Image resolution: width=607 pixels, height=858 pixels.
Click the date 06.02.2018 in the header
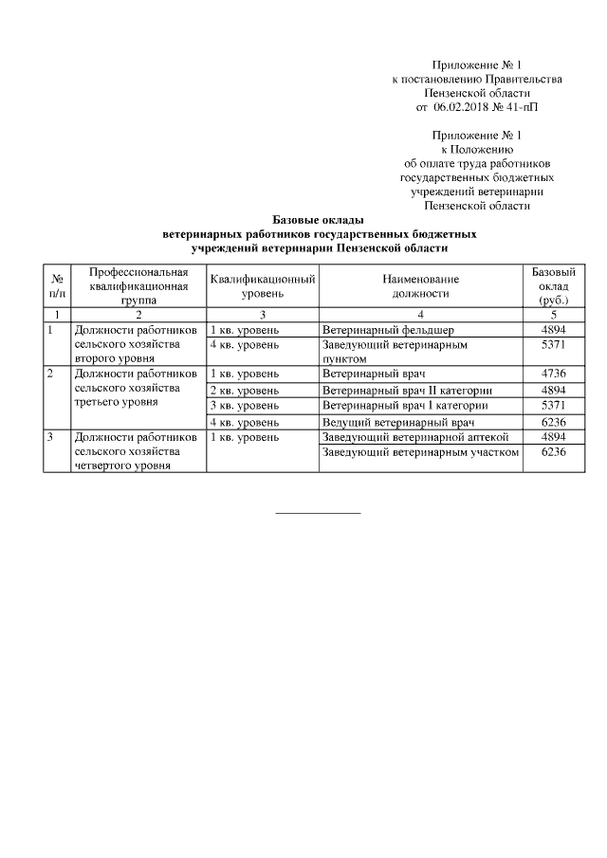point(465,108)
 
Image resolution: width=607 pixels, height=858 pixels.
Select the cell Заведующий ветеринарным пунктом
point(395,352)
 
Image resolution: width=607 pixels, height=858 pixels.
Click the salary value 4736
point(553,374)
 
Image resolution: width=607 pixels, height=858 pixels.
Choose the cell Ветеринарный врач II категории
point(408,390)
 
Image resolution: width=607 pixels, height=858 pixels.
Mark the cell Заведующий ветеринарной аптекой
point(416,437)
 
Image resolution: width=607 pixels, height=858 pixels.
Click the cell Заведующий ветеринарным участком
point(421,453)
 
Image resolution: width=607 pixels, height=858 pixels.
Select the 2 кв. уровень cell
point(244,390)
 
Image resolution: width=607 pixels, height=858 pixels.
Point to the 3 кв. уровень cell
point(244,406)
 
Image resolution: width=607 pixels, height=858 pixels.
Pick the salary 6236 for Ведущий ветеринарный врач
point(553,421)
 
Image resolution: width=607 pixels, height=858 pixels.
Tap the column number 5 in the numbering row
point(553,314)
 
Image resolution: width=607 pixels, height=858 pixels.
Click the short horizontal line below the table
point(318,514)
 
